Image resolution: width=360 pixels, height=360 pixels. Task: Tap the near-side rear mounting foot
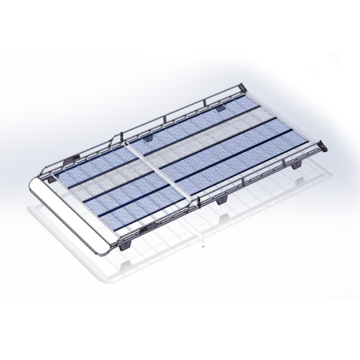coord(292,168)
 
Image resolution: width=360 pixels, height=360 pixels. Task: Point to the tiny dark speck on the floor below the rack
coord(205,245)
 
